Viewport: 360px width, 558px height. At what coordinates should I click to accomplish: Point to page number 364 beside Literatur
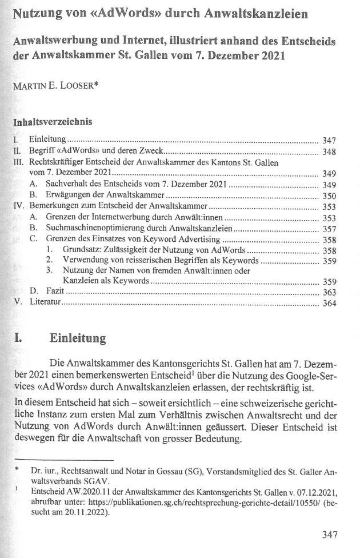pos(329,302)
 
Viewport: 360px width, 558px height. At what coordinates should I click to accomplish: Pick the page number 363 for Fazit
pos(329,292)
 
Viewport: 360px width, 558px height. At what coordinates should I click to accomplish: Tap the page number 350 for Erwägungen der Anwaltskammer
pos(329,196)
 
